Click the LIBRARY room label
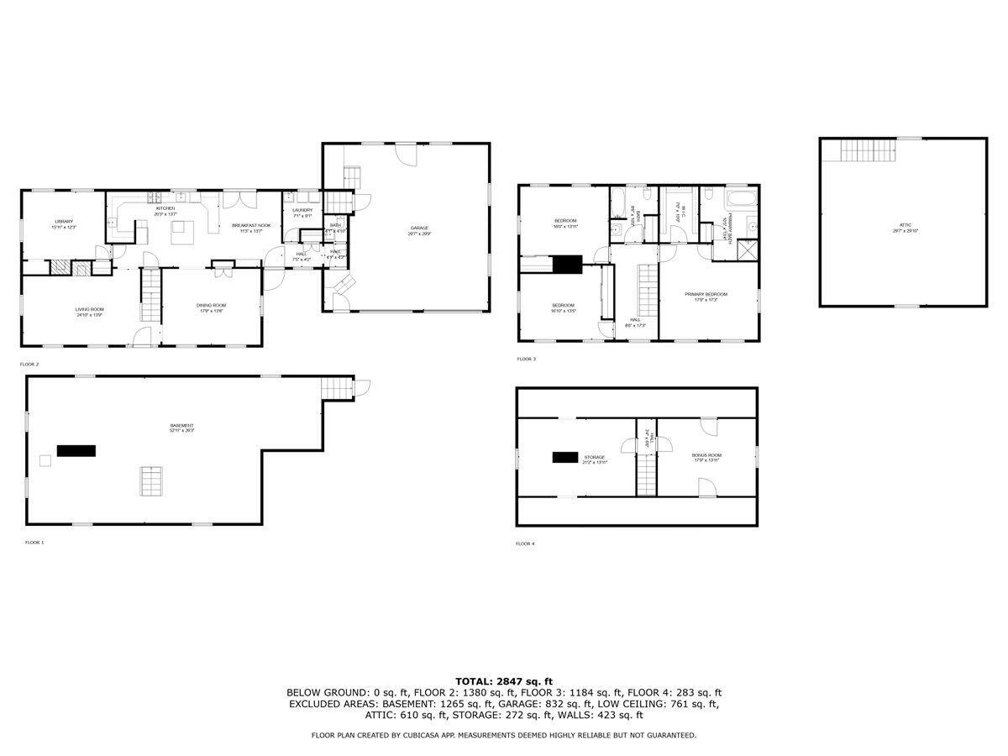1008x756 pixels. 65,222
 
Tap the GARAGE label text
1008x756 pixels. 419,228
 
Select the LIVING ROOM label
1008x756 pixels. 88,309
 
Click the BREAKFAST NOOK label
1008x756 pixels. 251,225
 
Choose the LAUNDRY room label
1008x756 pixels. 302,210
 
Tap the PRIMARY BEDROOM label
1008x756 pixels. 706,294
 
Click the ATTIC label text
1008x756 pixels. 904,225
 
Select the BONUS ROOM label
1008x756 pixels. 706,455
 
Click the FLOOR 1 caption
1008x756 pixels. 34,543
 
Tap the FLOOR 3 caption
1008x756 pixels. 527,359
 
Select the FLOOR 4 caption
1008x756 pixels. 525,543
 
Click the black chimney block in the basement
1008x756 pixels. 76,450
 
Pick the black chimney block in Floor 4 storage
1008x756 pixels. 565,457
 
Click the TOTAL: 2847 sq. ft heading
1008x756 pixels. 504,681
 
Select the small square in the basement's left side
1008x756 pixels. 45,459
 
